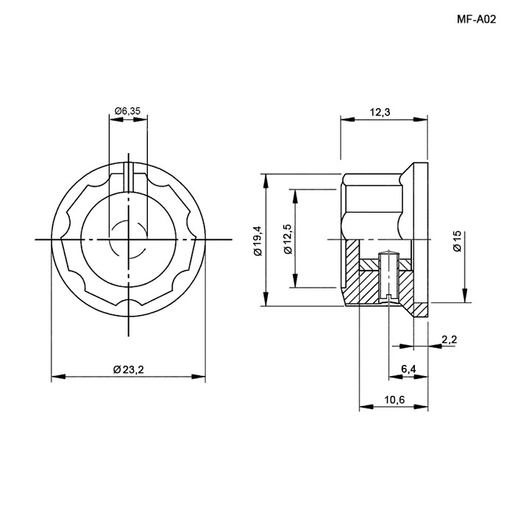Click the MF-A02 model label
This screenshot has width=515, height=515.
[476, 20]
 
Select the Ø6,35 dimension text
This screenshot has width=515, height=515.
[127, 111]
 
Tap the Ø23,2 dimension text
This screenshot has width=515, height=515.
[129, 370]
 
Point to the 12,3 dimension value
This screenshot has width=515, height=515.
[380, 113]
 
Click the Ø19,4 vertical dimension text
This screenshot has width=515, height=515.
[258, 241]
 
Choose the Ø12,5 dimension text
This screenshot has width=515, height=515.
[288, 239]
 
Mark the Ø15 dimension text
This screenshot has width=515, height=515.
[457, 241]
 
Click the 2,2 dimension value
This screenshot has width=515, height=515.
[449, 339]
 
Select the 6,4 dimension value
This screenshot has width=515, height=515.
[408, 369]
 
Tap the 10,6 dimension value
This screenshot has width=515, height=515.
[394, 399]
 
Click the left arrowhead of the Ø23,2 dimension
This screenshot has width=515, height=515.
[58, 377]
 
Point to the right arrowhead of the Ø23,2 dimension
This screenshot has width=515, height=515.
[199, 377]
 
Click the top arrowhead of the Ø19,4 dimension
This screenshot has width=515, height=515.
[266, 181]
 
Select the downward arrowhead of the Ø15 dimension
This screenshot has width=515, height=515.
[465, 295]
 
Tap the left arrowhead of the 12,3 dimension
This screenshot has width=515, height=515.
[348, 119]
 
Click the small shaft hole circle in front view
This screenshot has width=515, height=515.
[129, 239]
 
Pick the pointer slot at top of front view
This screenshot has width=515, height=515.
[129, 177]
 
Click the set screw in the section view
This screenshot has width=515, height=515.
[388, 276]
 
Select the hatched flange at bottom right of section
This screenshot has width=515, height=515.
[420, 310]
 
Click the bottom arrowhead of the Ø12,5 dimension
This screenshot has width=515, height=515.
[296, 280]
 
